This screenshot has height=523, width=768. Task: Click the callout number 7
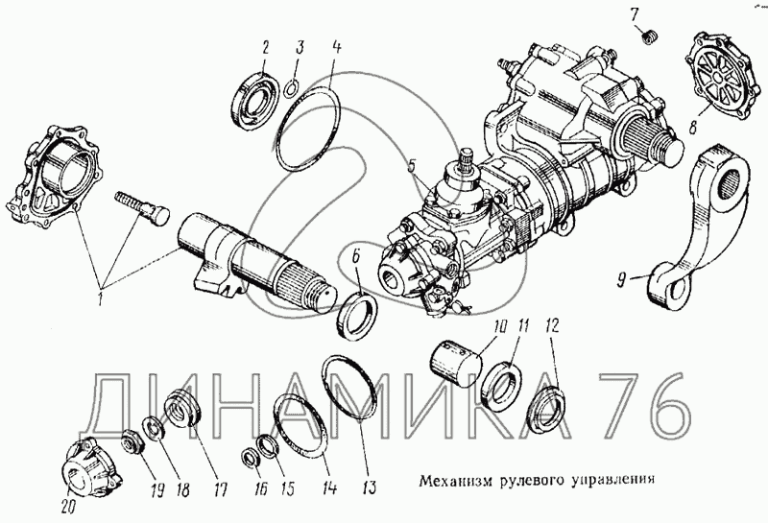635,14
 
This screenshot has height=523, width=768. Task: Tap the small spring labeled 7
650,37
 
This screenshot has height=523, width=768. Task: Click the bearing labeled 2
255,104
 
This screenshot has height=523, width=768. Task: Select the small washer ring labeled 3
291,87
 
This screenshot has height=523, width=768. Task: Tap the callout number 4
336,47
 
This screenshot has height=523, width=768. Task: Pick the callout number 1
101,297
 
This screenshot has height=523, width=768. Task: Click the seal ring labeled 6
357,315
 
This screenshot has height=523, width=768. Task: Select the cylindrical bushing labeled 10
455,364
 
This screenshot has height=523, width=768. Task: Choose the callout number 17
221,490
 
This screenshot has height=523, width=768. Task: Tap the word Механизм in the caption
455,481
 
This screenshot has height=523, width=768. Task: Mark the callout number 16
260,488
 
